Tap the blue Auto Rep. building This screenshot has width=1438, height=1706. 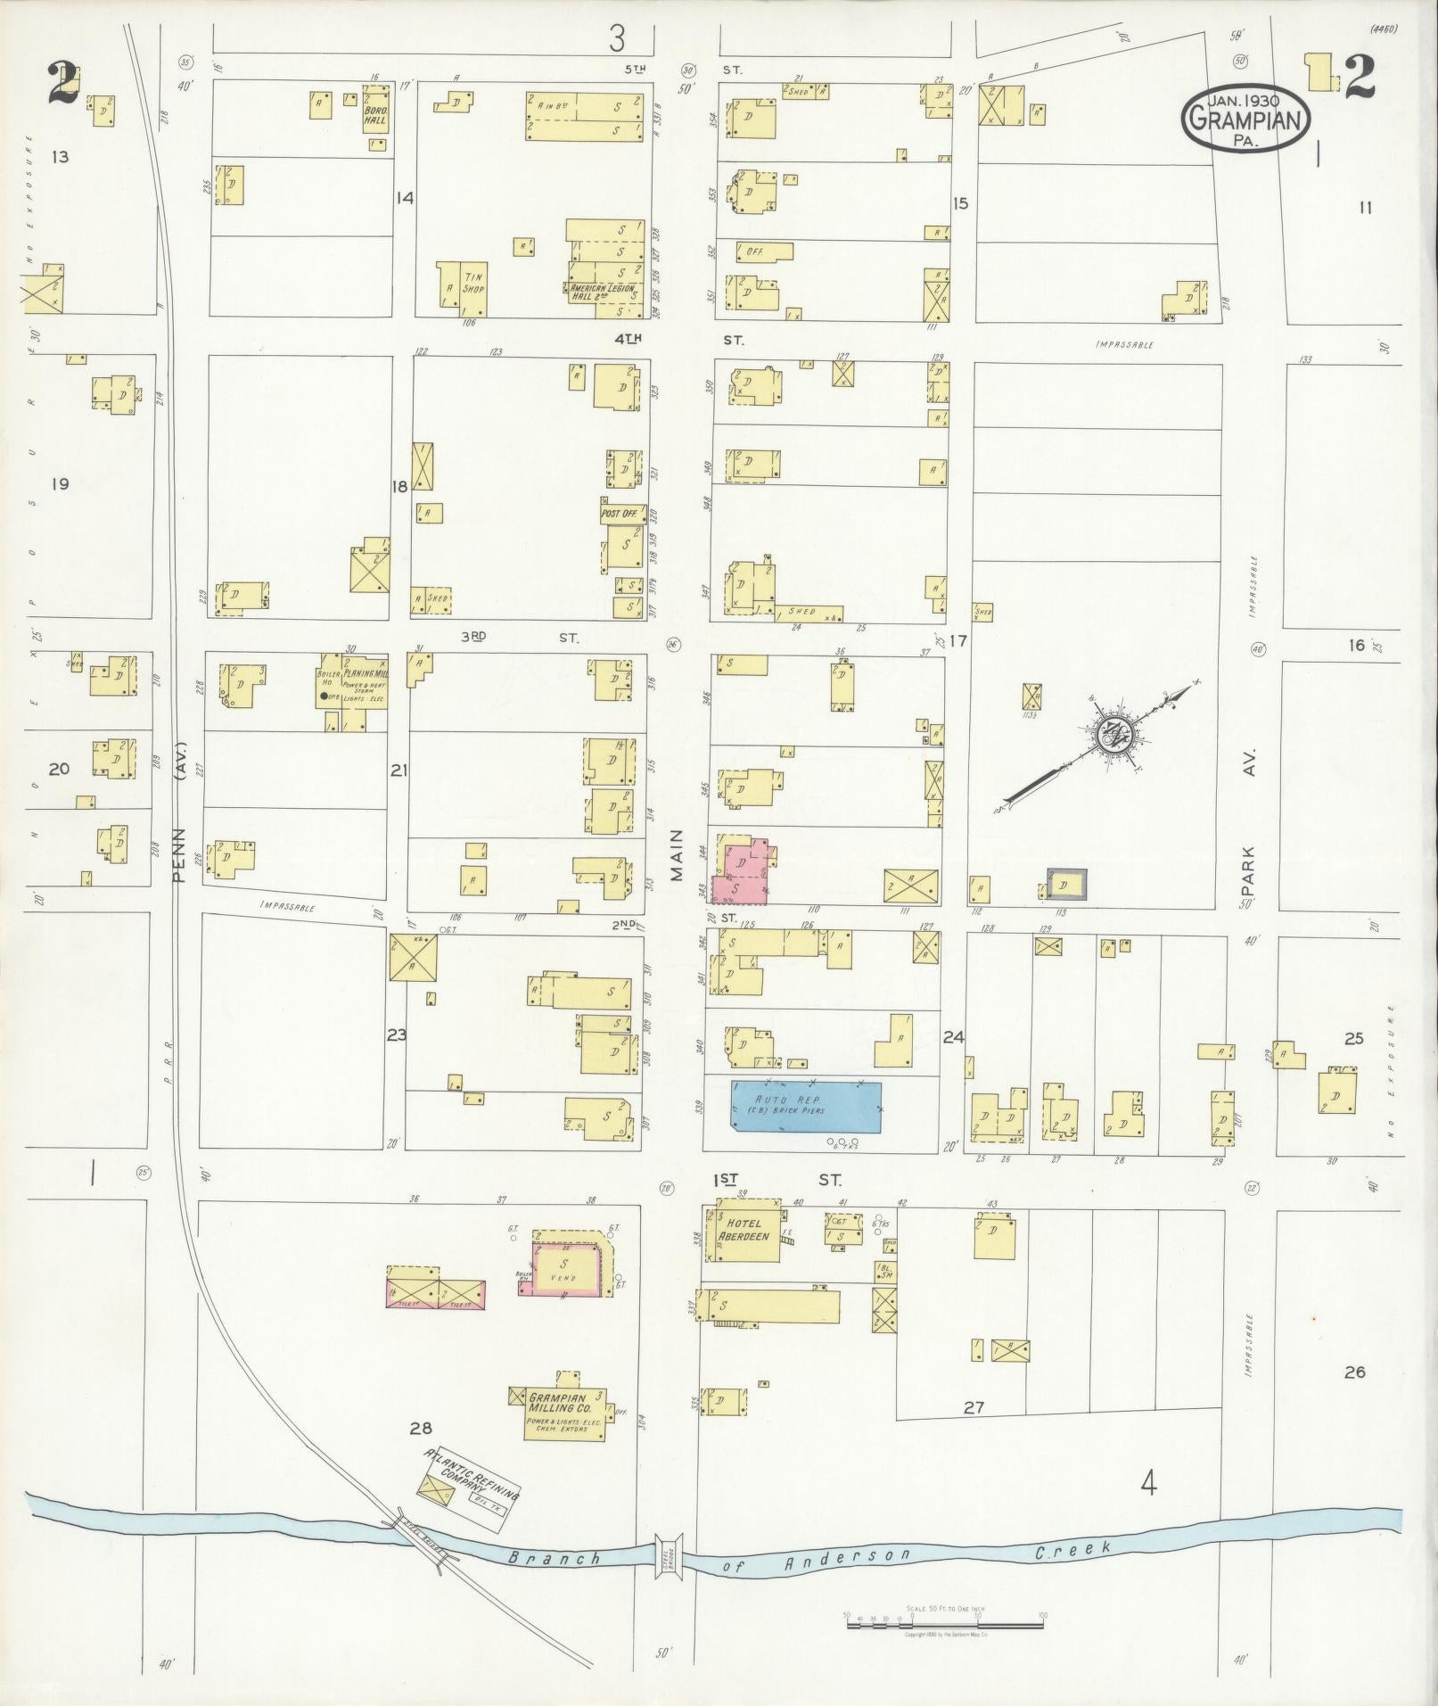tap(806, 1107)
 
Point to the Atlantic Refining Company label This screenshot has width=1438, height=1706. tap(473, 1478)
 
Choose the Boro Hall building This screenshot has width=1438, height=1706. tap(374, 114)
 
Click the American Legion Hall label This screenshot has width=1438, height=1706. tap(600, 293)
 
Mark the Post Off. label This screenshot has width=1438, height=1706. tap(620, 515)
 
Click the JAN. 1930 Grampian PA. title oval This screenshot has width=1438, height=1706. tap(1246, 120)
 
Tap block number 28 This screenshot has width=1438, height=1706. tap(421, 1430)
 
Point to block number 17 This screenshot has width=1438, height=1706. tap(958, 640)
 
